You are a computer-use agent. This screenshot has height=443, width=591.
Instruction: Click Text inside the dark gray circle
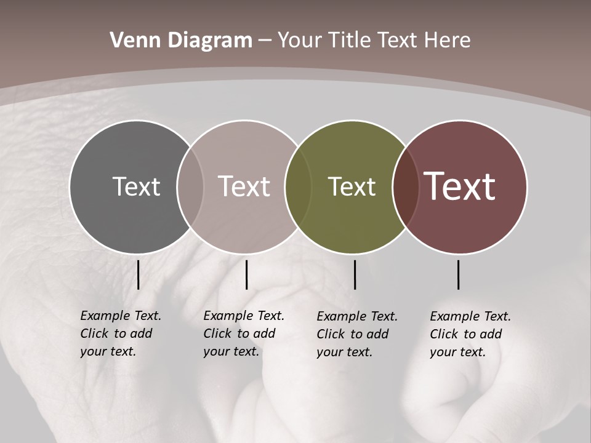point(136,186)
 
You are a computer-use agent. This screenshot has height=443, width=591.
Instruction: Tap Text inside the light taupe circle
point(244,186)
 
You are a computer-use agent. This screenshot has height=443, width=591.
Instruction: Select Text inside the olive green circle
point(352,186)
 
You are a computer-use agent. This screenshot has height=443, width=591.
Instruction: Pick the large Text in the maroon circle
point(460,186)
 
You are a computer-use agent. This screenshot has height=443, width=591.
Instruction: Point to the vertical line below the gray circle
point(139,274)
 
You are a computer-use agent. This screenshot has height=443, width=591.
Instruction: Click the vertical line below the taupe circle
point(246,274)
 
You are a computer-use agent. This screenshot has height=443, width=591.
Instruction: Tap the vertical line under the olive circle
point(355,274)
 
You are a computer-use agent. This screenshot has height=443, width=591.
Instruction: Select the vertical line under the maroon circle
point(459,274)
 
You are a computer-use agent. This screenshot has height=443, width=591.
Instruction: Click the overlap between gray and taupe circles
point(190,186)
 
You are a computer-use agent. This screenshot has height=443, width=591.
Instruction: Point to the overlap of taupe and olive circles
point(297,186)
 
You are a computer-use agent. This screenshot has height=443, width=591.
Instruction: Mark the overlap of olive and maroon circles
point(405,186)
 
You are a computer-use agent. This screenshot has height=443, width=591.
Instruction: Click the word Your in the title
point(299,41)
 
